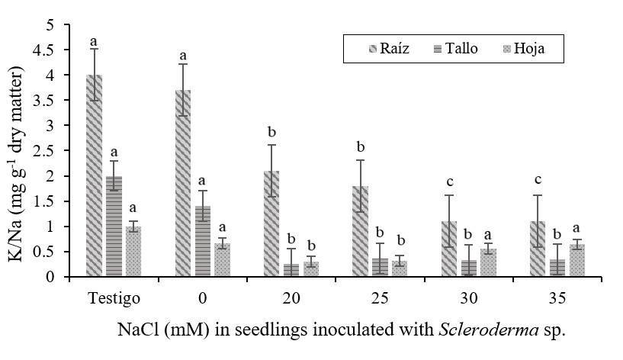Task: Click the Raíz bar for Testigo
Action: tap(95, 175)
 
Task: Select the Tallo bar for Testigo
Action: tap(114, 226)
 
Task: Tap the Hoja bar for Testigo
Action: tap(133, 251)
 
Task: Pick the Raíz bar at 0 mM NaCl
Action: tap(183, 183)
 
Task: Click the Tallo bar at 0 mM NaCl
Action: tap(203, 241)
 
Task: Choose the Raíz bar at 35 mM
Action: tap(538, 249)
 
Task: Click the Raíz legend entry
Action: tap(390, 49)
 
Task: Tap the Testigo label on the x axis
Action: tap(114, 295)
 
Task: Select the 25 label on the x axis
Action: tap(381, 295)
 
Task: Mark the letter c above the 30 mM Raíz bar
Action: tap(449, 182)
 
